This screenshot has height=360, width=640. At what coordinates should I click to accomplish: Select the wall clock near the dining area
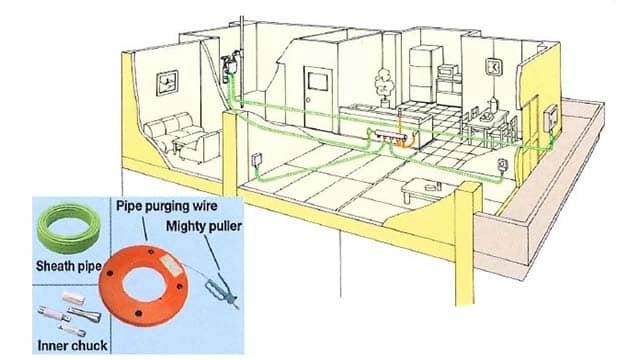(x=494, y=67)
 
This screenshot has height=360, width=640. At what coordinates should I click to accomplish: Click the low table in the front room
(x=419, y=189)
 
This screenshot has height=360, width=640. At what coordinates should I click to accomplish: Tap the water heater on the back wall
(x=227, y=69)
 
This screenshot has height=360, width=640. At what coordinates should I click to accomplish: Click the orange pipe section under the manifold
(x=403, y=141)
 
